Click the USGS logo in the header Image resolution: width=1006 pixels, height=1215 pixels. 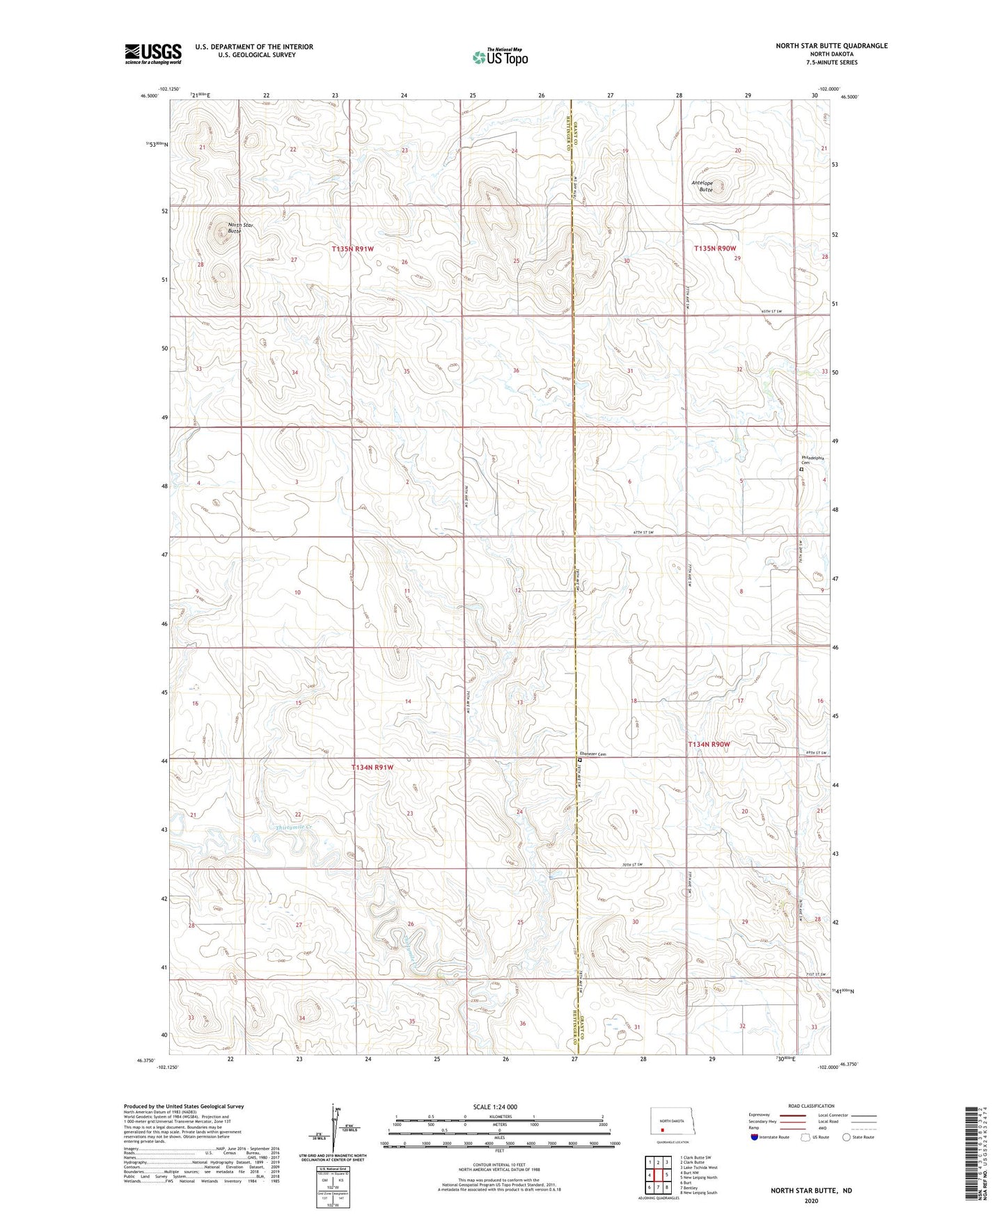coord(153,53)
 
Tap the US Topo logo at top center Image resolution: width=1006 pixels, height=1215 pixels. coord(500,57)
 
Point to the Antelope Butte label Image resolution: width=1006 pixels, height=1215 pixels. coord(703,186)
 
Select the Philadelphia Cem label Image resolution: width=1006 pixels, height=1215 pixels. coord(812,460)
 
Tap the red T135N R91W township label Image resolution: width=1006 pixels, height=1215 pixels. coord(352,248)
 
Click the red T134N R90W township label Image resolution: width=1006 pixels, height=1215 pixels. coord(709,744)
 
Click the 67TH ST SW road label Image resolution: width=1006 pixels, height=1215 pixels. coord(643,532)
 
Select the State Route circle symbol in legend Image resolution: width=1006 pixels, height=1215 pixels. coord(846,1137)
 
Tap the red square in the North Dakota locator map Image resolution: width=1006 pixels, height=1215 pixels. coord(663,1131)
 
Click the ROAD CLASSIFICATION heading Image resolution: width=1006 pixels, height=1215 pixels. coord(811,1106)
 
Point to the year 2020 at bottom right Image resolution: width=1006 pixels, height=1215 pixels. coord(810,1200)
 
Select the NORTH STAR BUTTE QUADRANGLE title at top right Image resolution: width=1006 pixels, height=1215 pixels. coord(831,46)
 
